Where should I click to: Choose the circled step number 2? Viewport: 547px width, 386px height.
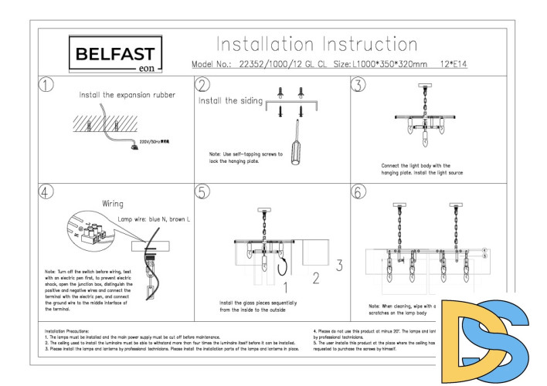[x=203, y=84]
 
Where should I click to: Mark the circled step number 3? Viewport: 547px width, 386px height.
[x=358, y=84]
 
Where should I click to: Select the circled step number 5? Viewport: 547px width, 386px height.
[x=203, y=191]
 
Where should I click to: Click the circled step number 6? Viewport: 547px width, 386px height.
[x=358, y=191]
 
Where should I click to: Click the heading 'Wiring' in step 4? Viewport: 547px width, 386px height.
[x=114, y=204]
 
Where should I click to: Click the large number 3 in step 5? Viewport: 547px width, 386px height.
[x=338, y=265]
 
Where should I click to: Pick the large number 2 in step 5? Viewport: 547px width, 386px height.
[x=314, y=276]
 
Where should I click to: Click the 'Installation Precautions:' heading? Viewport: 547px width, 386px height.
[x=70, y=330]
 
